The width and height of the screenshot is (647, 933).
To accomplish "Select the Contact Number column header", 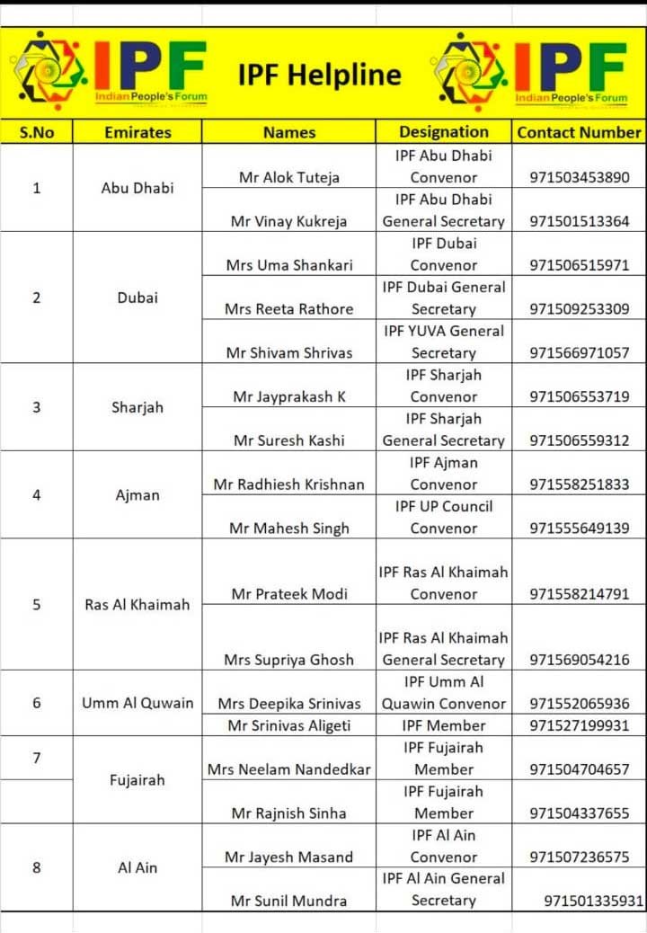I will [579, 132].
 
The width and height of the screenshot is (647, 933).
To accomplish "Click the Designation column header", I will [444, 132].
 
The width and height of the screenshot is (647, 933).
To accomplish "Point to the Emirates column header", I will [137, 132].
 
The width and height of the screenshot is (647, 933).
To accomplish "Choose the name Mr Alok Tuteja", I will [289, 178].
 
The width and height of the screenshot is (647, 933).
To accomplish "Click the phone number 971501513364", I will [579, 221].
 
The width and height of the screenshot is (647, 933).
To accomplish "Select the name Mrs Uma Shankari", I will [289, 265].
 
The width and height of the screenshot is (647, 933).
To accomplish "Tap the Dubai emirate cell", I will [137, 298].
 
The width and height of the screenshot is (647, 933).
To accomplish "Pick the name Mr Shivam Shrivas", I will [289, 353].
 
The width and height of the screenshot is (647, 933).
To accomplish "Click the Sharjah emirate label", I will [137, 407].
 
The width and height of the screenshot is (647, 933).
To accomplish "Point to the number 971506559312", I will [579, 440].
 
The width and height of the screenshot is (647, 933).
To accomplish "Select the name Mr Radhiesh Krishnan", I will [289, 484].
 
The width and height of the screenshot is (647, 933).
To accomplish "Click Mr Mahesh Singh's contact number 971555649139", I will [579, 529].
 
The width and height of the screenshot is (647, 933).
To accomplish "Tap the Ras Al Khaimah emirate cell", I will [137, 605].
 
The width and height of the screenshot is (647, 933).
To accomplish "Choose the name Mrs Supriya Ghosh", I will [289, 660].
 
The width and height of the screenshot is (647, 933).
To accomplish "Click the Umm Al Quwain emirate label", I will [137, 703].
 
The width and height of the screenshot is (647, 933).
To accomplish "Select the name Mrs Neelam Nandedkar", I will [289, 769].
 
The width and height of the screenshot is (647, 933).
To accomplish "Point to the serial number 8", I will [37, 868].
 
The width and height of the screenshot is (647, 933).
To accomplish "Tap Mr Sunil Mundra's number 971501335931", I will [593, 901].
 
